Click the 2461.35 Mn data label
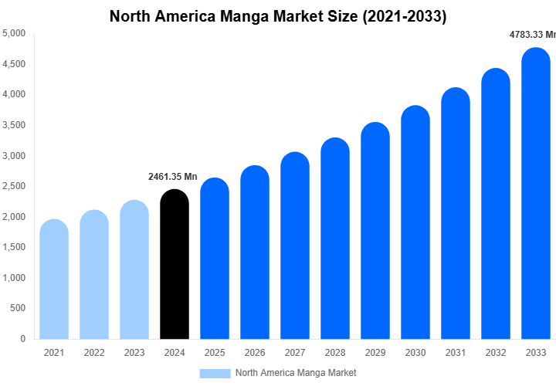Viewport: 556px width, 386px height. (x=173, y=177)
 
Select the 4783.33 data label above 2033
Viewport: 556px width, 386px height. (x=532, y=35)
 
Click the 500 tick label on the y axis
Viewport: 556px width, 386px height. (x=18, y=308)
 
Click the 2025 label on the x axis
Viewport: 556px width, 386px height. (x=215, y=353)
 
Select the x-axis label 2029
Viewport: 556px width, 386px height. (x=375, y=353)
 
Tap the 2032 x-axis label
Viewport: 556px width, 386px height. (x=496, y=353)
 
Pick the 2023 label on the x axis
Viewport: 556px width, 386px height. (x=134, y=353)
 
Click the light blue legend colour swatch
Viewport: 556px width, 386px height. (x=215, y=373)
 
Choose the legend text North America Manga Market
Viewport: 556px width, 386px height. (x=296, y=373)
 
